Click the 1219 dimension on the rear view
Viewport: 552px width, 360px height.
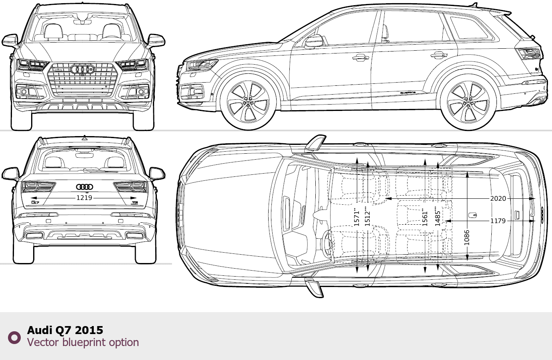[84, 198]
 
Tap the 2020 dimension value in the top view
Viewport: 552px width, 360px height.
[498, 198]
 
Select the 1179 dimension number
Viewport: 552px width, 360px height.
[498, 221]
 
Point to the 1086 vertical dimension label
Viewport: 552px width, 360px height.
[467, 237]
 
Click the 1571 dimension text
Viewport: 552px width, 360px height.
[357, 217]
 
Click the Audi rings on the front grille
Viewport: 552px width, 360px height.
[82, 69]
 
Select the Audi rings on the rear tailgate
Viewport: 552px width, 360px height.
[85, 187]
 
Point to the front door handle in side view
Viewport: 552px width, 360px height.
[361, 58]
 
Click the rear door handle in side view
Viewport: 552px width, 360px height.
[439, 55]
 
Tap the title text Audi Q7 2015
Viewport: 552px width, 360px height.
[65, 330]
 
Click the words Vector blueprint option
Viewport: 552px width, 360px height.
[83, 342]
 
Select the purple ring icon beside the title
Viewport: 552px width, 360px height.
[14, 338]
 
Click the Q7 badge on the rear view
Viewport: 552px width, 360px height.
[35, 202]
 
